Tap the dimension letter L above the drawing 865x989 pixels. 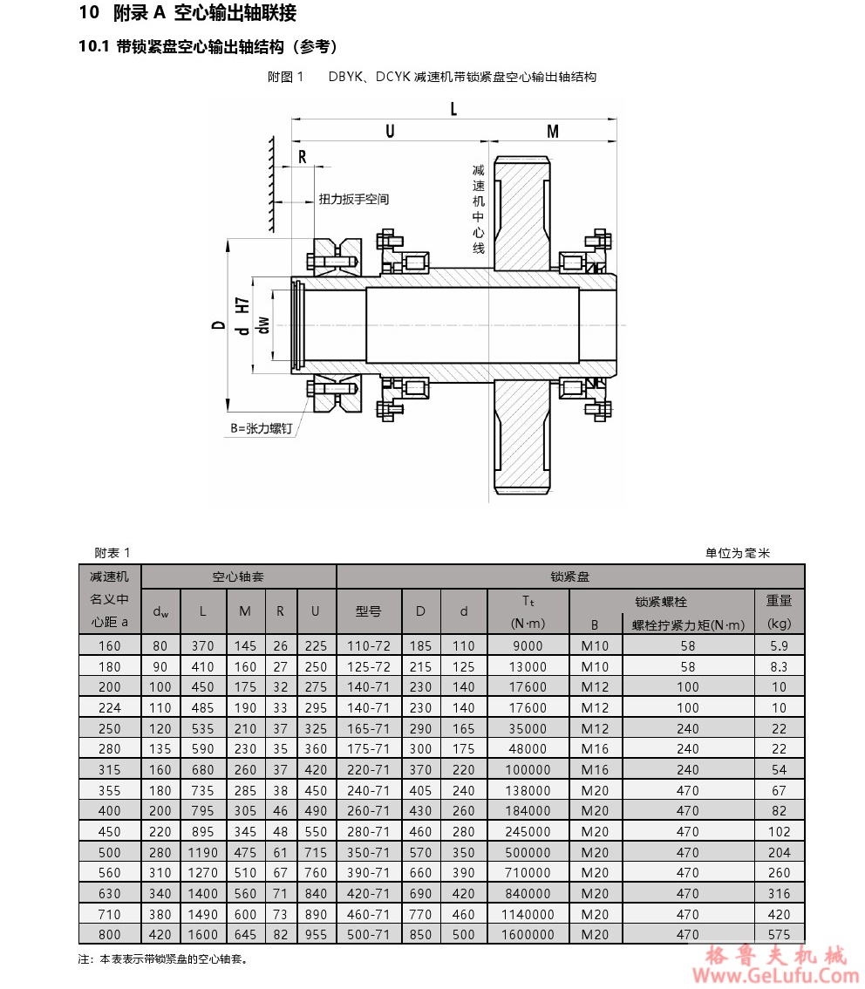pos(453,108)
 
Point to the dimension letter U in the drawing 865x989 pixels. pos(390,131)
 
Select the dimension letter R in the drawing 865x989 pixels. pos(303,157)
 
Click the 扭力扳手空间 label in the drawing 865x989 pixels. pos(354,199)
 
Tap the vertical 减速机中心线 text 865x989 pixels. pos(478,208)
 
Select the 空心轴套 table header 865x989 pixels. pos(238,576)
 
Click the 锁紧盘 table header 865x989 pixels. pos(570,576)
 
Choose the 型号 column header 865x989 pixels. pos(369,610)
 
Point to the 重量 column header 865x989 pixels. pos(779,600)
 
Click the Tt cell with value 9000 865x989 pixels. pos(528,646)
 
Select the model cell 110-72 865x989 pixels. pos(369,646)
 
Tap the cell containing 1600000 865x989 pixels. pos(528,934)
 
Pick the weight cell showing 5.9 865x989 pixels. pos(779,646)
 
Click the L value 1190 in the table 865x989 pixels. pos(202,852)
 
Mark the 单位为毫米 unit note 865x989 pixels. pos(738,553)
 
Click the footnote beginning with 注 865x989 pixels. pos(164,959)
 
